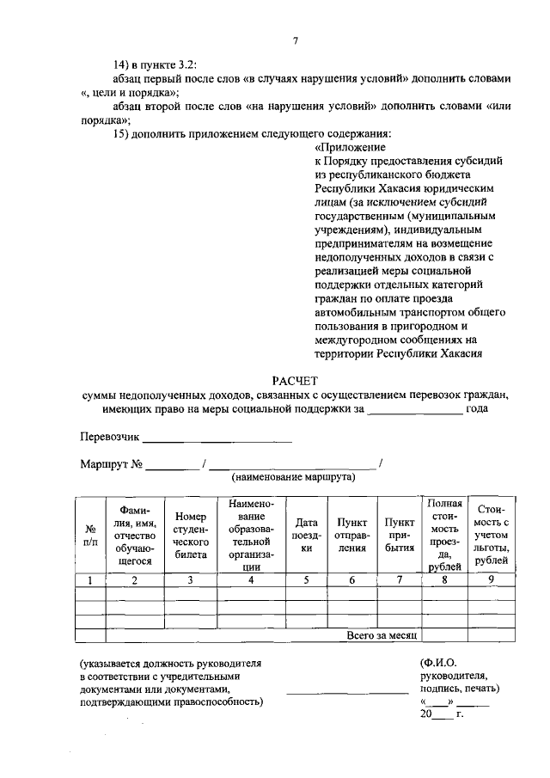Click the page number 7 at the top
(x=294, y=41)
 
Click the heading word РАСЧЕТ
(x=294, y=379)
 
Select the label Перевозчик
(x=109, y=437)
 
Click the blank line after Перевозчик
(x=217, y=438)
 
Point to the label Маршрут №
(x=111, y=464)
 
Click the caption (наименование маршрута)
(x=293, y=476)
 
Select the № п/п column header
(x=90, y=535)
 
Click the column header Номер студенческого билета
(x=190, y=535)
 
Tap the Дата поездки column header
(x=306, y=535)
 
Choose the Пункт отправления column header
(x=351, y=535)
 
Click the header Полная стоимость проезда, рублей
(x=444, y=535)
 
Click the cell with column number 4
(x=250, y=580)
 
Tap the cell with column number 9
(x=491, y=580)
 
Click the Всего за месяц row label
(x=382, y=635)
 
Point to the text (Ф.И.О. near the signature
(x=437, y=664)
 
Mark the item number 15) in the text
(x=124, y=133)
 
